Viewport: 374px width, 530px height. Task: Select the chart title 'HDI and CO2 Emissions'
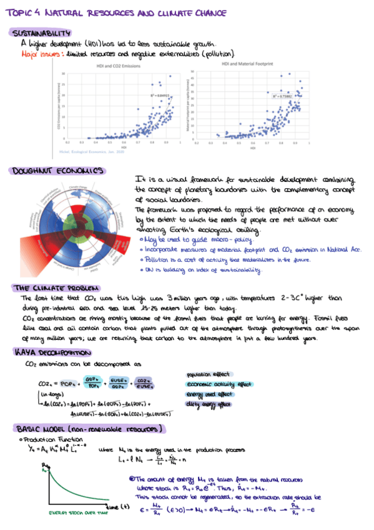click(x=117, y=66)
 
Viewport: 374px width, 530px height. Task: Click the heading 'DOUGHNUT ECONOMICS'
click(x=54, y=170)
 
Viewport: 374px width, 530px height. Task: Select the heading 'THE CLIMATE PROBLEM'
click(x=54, y=287)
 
